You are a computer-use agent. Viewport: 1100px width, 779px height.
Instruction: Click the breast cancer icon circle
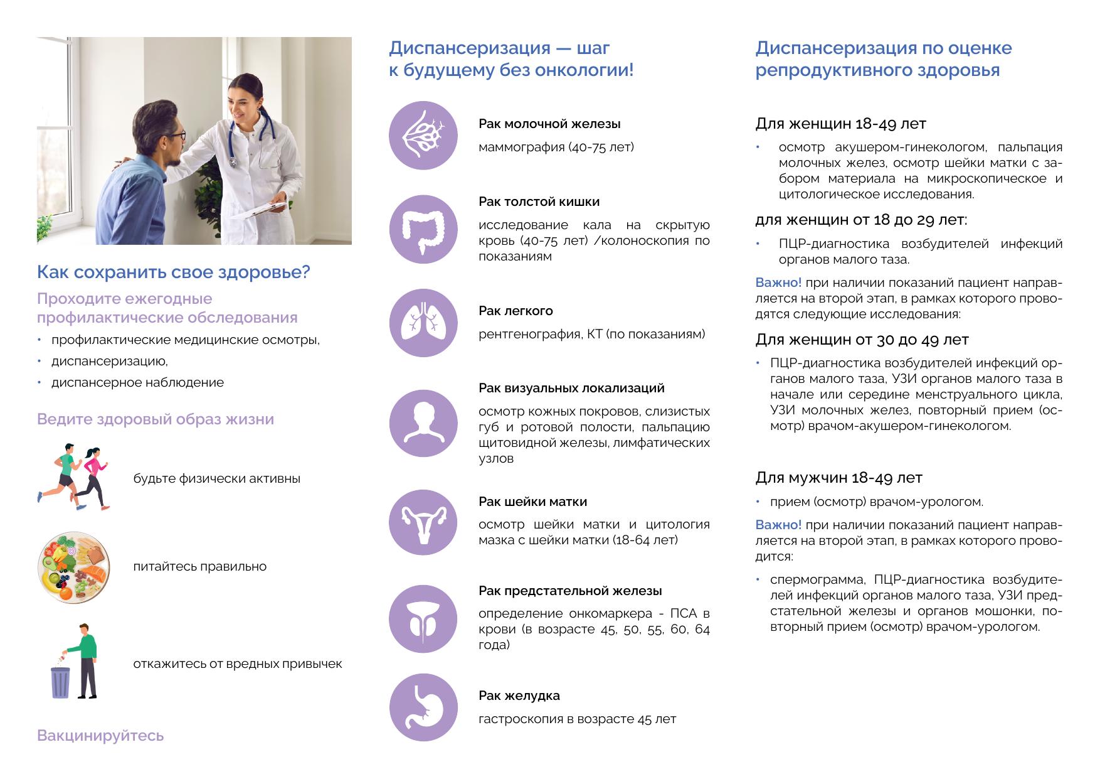tap(423, 136)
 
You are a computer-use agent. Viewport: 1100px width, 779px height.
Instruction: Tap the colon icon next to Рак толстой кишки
tap(423, 228)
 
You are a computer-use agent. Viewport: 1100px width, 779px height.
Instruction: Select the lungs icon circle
tap(423, 323)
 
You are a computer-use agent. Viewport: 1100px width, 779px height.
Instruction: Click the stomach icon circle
tap(423, 707)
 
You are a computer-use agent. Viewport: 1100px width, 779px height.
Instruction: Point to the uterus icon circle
tap(423, 522)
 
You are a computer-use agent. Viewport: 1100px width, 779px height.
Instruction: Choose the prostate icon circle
tap(423, 619)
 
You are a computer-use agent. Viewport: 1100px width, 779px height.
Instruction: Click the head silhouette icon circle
tap(423, 423)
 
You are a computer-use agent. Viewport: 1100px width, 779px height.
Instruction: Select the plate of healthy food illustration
tap(74, 567)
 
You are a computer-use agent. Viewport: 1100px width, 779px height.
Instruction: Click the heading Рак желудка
tap(519, 696)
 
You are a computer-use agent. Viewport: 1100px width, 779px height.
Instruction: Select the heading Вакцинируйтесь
tap(100, 735)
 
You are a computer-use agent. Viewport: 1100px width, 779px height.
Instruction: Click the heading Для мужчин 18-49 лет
tap(838, 478)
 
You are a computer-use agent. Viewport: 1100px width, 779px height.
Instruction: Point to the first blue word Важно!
tap(778, 282)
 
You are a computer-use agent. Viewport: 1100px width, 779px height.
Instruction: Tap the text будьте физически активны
tap(216, 478)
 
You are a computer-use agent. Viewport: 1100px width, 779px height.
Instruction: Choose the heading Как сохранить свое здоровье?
tap(174, 272)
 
